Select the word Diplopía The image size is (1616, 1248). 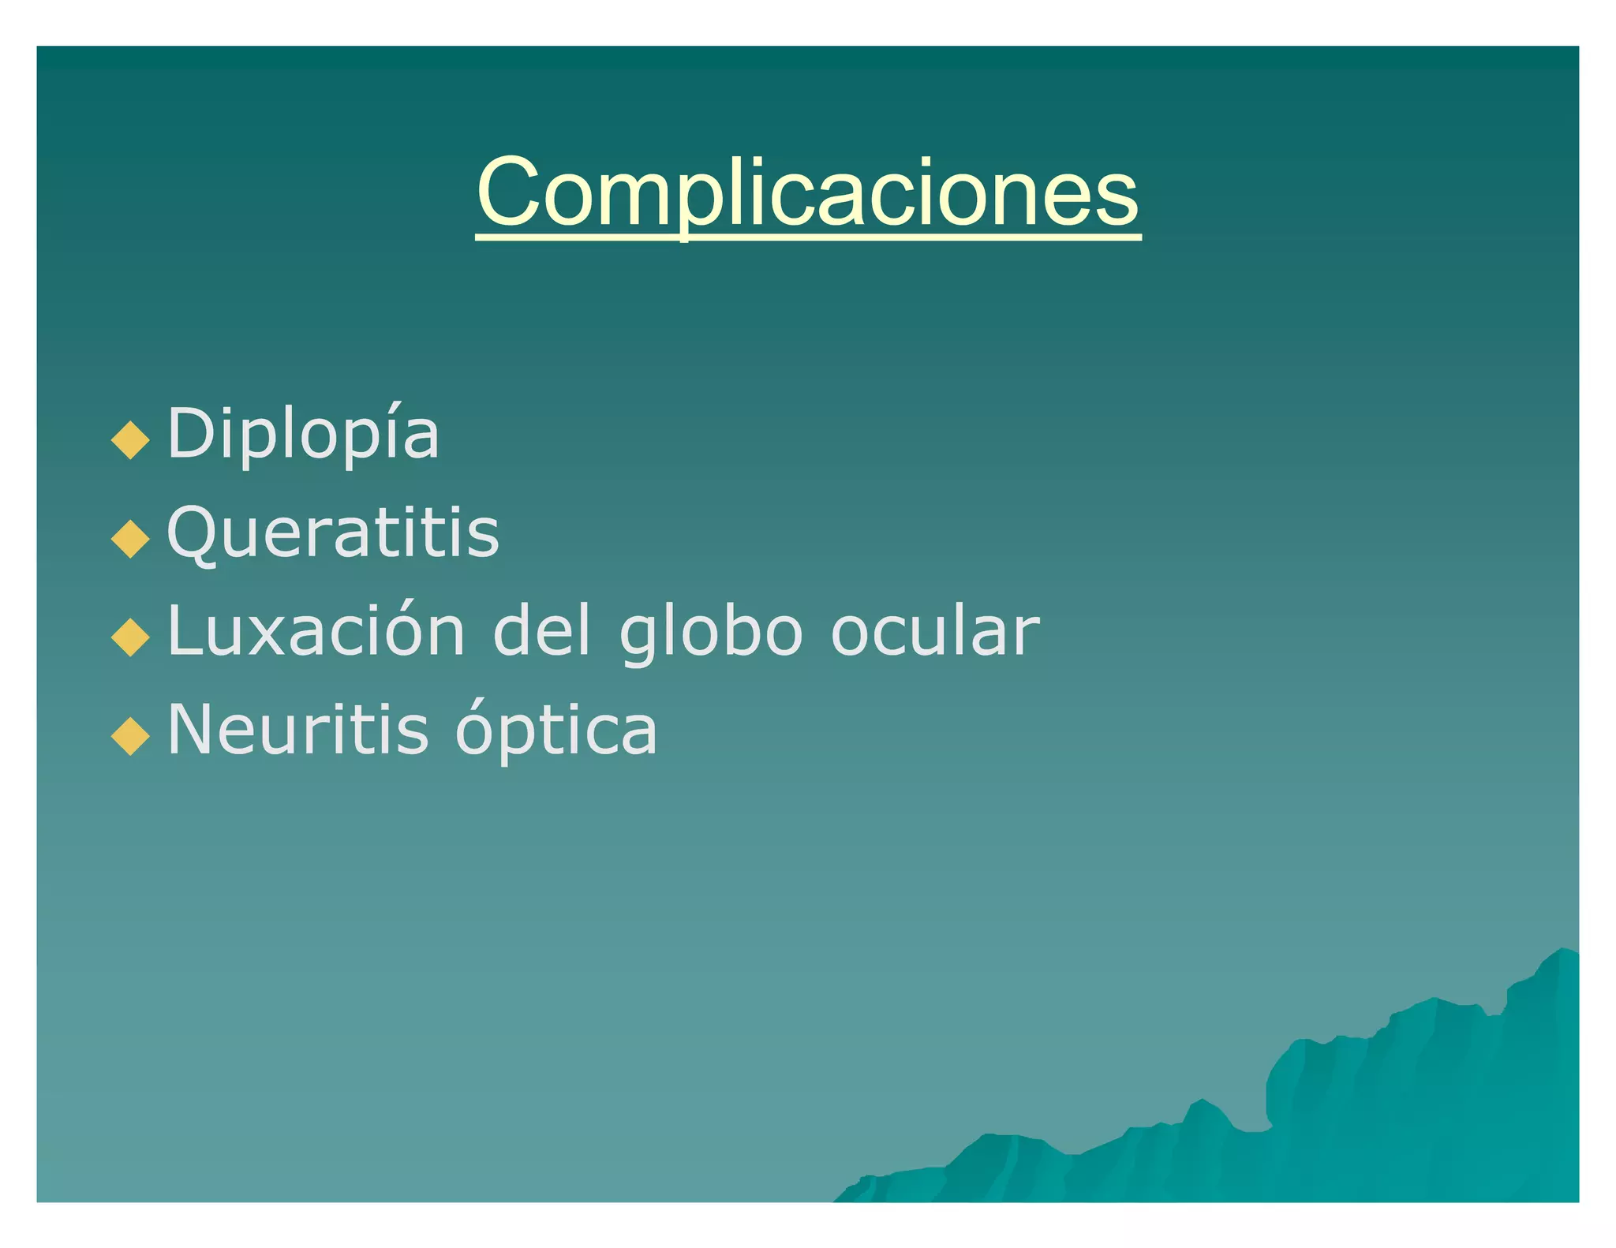304,434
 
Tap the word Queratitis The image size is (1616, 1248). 333,532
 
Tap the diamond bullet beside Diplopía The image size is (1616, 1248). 131,439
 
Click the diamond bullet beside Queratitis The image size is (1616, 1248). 131,539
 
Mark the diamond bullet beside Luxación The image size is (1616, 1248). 131,637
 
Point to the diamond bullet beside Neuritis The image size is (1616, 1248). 131,735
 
